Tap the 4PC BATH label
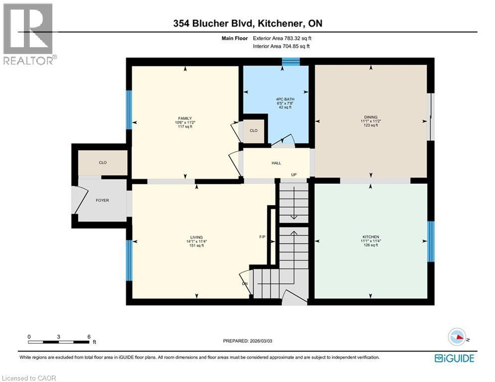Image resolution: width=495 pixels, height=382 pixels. pyautogui.click(x=285, y=99)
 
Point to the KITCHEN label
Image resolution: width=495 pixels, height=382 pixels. pyautogui.click(x=371, y=237)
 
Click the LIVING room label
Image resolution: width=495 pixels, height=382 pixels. pyautogui.click(x=196, y=237)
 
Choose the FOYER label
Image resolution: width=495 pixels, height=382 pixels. pyautogui.click(x=102, y=200)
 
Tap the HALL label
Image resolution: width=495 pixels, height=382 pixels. pyautogui.click(x=276, y=163)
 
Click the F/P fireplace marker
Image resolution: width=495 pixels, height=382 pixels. pyautogui.click(x=262, y=237)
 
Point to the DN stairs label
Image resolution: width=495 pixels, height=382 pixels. pyautogui.click(x=245, y=284)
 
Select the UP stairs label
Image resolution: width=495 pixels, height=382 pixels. pyautogui.click(x=294, y=175)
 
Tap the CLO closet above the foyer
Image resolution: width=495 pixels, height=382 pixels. pyautogui.click(x=103, y=163)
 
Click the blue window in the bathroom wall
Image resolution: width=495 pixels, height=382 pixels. pyautogui.click(x=291, y=61)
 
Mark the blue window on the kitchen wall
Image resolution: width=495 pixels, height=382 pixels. pyautogui.click(x=431, y=241)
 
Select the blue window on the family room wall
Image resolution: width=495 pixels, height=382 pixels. pyautogui.click(x=128, y=109)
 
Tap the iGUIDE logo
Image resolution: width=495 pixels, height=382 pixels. pyautogui.click(x=454, y=358)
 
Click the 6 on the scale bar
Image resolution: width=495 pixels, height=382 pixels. pyautogui.click(x=89, y=337)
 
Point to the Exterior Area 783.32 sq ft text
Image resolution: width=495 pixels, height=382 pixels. pyautogui.click(x=283, y=38)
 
